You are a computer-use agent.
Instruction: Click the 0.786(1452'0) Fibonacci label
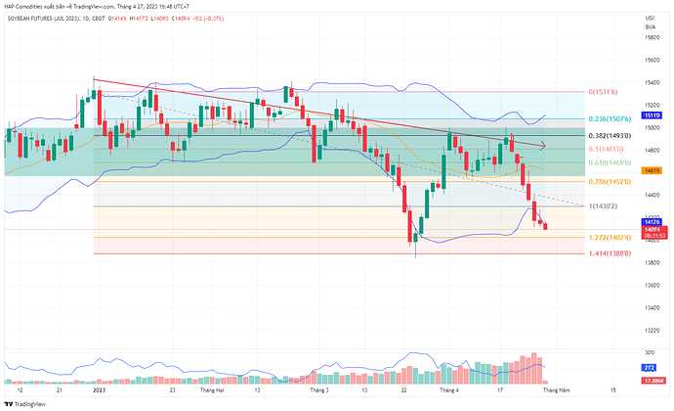pyautogui.click(x=610, y=181)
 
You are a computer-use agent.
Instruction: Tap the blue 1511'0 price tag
pyautogui.click(x=650, y=115)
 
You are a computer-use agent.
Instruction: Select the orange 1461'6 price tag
pyautogui.click(x=650, y=170)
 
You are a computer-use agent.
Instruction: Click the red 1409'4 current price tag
pyautogui.click(x=650, y=229)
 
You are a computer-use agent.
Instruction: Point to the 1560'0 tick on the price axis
pyautogui.click(x=650, y=60)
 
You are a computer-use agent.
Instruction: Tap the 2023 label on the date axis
pyautogui.click(x=99, y=388)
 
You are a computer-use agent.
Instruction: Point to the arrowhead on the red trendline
pyautogui.click(x=541, y=147)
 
